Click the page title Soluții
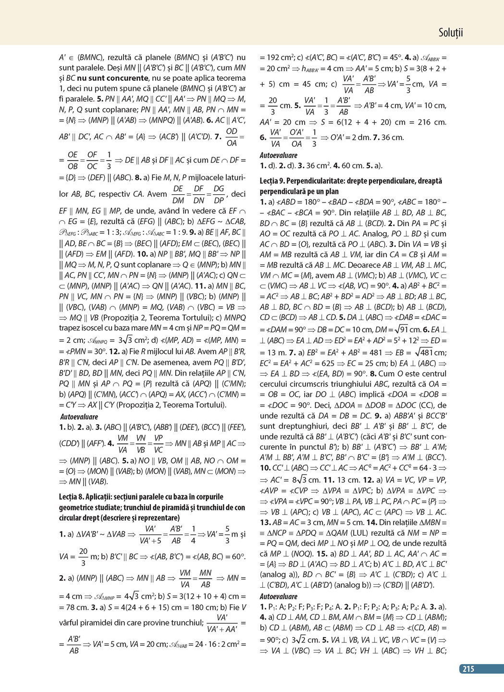point(450,33)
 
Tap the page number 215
point(468,668)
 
